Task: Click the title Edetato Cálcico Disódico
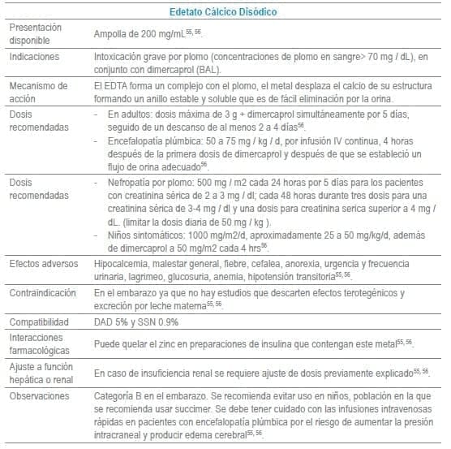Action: pos(225,12)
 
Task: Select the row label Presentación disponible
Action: pos(36,33)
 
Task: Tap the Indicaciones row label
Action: pos(36,58)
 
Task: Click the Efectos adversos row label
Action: pos(44,265)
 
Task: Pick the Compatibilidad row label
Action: pos(40,320)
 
